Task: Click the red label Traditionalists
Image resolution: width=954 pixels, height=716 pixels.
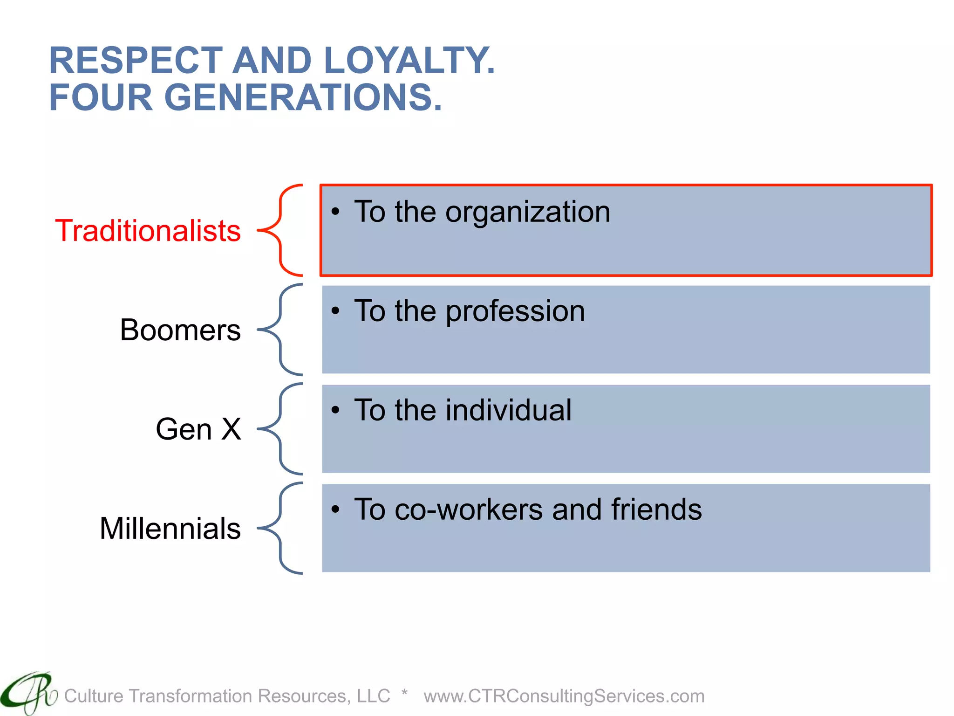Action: point(148,231)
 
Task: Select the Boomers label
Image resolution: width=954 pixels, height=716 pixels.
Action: point(180,330)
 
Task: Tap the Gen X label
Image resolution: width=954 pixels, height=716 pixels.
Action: point(198,429)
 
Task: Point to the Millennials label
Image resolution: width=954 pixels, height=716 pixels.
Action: point(170,528)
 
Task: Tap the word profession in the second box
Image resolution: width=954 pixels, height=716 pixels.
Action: point(515,311)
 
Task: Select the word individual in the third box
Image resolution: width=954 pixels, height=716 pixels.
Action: point(508,410)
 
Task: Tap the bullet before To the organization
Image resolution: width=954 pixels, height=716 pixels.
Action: point(335,212)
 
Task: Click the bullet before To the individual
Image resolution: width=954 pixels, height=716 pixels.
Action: point(335,410)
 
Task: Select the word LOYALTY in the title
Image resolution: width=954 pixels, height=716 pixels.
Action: point(409,61)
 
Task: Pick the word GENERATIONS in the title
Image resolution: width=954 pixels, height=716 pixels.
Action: point(303,97)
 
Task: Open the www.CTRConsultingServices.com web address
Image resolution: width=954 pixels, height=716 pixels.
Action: point(564,696)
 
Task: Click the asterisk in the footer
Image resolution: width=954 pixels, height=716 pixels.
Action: point(404,693)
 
